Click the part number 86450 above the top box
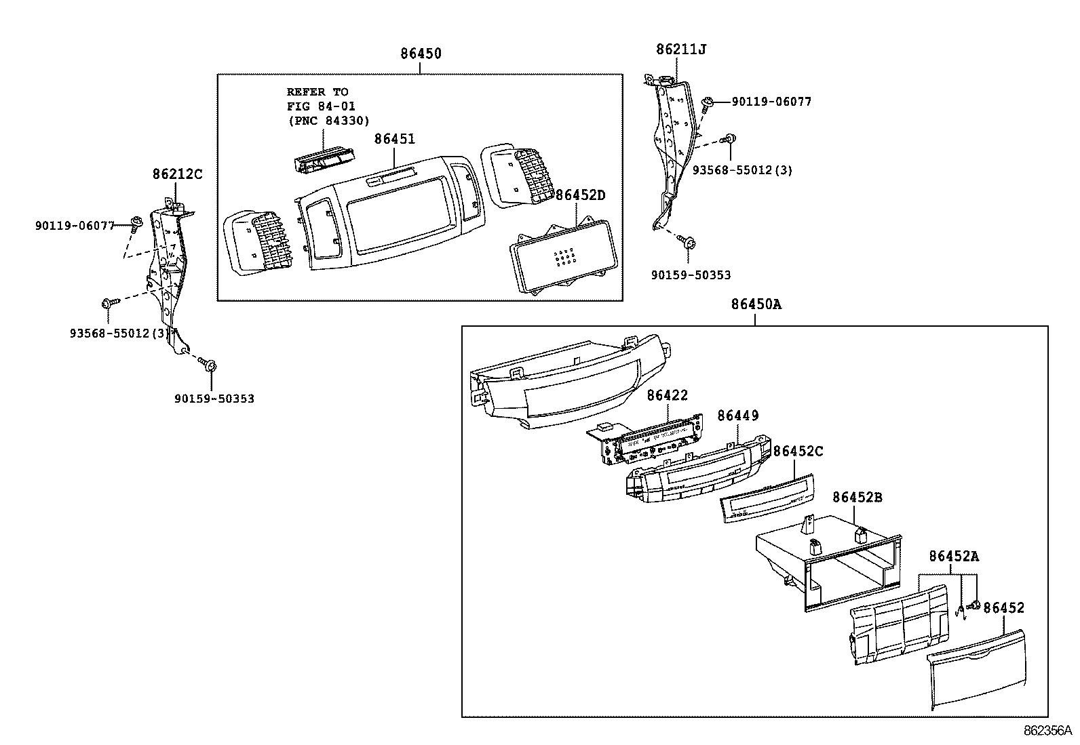click(x=421, y=54)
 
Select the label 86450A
click(x=756, y=304)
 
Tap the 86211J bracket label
click(x=681, y=49)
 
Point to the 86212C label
click(x=177, y=174)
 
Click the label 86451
click(x=395, y=139)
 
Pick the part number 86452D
click(x=580, y=195)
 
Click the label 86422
click(x=667, y=395)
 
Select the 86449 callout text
click(x=738, y=416)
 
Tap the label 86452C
click(x=798, y=451)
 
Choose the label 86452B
click(x=857, y=497)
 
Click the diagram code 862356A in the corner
click(x=1047, y=731)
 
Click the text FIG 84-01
click(x=321, y=106)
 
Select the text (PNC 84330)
click(x=328, y=120)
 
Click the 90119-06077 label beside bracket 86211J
click(x=771, y=102)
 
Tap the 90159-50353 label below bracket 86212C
click(x=214, y=399)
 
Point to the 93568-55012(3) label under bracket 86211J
click(x=741, y=170)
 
